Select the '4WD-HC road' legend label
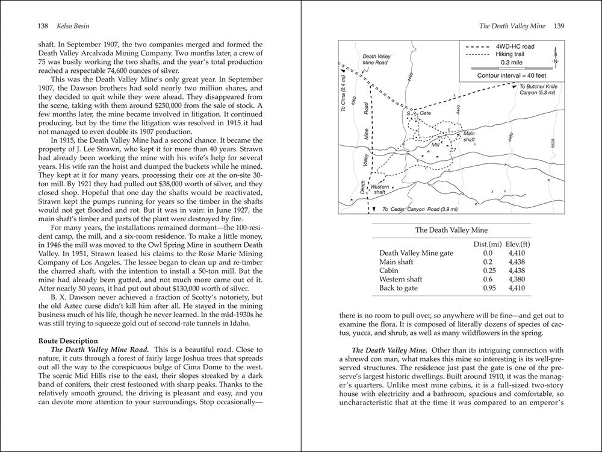[515, 46]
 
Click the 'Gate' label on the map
[426, 113]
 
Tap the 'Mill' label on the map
[436, 145]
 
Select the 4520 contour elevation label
[551, 145]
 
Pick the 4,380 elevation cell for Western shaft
[517, 279]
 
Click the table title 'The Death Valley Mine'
[452, 230]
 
